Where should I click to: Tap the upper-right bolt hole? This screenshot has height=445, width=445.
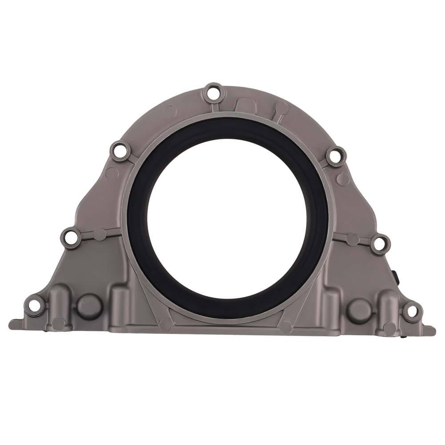pyautogui.click(x=335, y=155)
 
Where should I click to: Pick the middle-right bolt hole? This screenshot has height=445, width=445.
pyautogui.click(x=380, y=243)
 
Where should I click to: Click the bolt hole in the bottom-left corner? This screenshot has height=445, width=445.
pyautogui.click(x=33, y=305)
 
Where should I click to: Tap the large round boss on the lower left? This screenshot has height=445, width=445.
pyautogui.click(x=89, y=306)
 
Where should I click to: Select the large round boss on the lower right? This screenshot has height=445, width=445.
pyautogui.click(x=359, y=309)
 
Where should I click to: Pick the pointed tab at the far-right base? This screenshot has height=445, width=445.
pyautogui.click(x=431, y=330)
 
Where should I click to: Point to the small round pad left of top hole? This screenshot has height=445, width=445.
pyautogui.click(x=170, y=110)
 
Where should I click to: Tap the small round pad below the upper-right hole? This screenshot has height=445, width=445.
pyautogui.click(x=343, y=179)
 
